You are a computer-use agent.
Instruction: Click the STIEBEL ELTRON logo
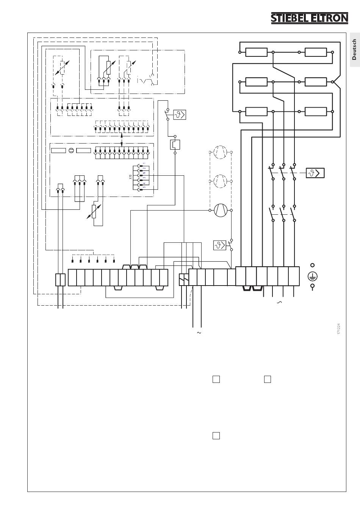click(x=310, y=18)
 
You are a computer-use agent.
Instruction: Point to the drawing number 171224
click(x=339, y=329)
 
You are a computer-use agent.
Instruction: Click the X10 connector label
click(x=130, y=177)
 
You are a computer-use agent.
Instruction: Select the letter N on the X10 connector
click(x=144, y=173)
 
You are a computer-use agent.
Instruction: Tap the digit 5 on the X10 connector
click(x=144, y=187)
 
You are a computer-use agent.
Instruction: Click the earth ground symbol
click(x=313, y=276)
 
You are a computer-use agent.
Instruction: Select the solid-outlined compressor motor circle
click(x=221, y=210)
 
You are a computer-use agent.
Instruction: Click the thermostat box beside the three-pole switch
click(x=315, y=173)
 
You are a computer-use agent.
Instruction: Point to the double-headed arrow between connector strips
click(x=121, y=140)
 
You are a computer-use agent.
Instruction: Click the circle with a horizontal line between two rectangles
click(x=71, y=150)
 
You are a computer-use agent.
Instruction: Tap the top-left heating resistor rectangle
click(x=256, y=52)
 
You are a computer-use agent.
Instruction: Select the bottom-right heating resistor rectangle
click(x=316, y=112)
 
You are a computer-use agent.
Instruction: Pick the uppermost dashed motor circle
click(x=221, y=152)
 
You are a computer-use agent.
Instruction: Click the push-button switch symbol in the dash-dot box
click(x=146, y=80)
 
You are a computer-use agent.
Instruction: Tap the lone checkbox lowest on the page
click(x=216, y=436)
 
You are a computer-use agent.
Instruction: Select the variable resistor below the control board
click(x=94, y=212)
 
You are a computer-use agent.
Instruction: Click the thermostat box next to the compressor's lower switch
click(x=219, y=245)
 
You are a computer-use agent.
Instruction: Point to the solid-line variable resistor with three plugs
click(x=108, y=67)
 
